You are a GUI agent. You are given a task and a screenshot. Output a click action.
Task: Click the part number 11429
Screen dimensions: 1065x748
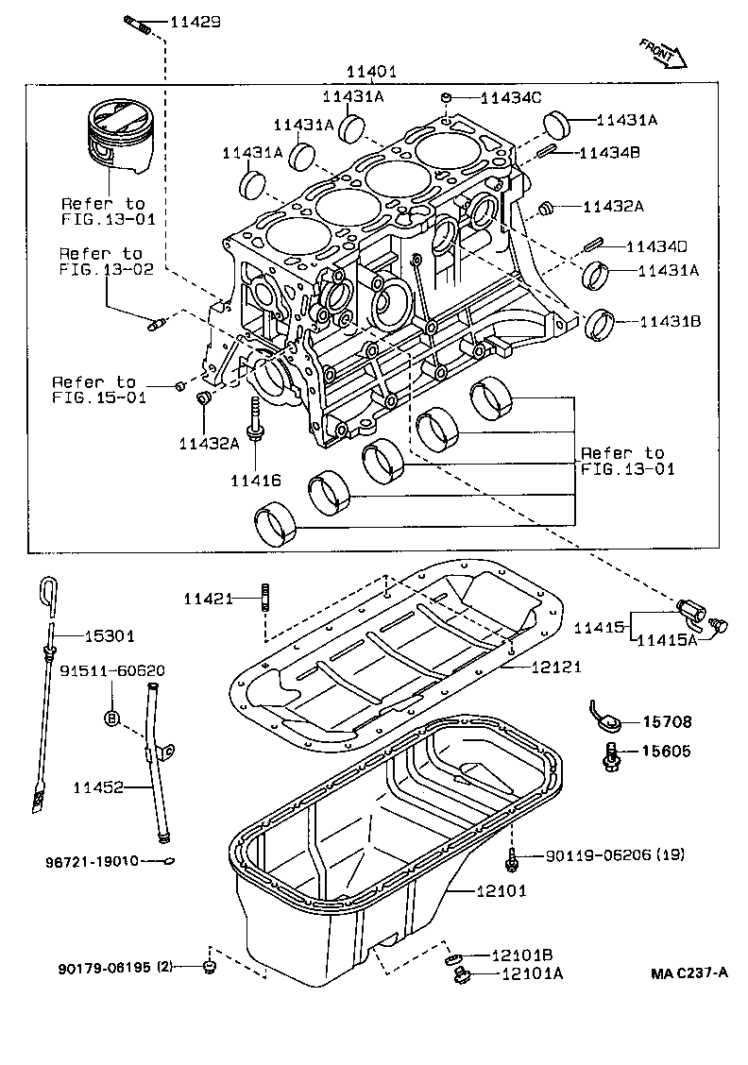pyautogui.click(x=195, y=21)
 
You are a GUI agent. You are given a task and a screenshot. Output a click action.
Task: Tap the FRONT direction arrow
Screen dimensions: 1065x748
pyautogui.click(x=662, y=55)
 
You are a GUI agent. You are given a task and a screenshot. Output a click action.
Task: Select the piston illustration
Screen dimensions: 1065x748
pyautogui.click(x=116, y=139)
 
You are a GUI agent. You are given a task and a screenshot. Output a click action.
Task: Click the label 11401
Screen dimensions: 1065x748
pyautogui.click(x=370, y=72)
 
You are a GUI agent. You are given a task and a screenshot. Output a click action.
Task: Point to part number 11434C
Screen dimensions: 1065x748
pyautogui.click(x=510, y=97)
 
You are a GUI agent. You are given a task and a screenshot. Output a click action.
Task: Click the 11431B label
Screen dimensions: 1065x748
pyautogui.click(x=670, y=322)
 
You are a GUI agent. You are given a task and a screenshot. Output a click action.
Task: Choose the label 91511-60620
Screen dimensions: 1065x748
pyautogui.click(x=112, y=670)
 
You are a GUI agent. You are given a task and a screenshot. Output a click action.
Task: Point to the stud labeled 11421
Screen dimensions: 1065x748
pyautogui.click(x=265, y=597)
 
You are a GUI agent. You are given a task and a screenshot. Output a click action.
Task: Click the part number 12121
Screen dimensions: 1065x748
pyautogui.click(x=555, y=667)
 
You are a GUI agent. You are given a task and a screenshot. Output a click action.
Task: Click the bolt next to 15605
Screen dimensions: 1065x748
pyautogui.click(x=612, y=752)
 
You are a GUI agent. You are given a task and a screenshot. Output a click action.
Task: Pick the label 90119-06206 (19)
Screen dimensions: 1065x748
pyautogui.click(x=615, y=855)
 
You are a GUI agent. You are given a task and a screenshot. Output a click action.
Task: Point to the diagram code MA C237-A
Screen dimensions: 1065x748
pyautogui.click(x=690, y=973)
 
